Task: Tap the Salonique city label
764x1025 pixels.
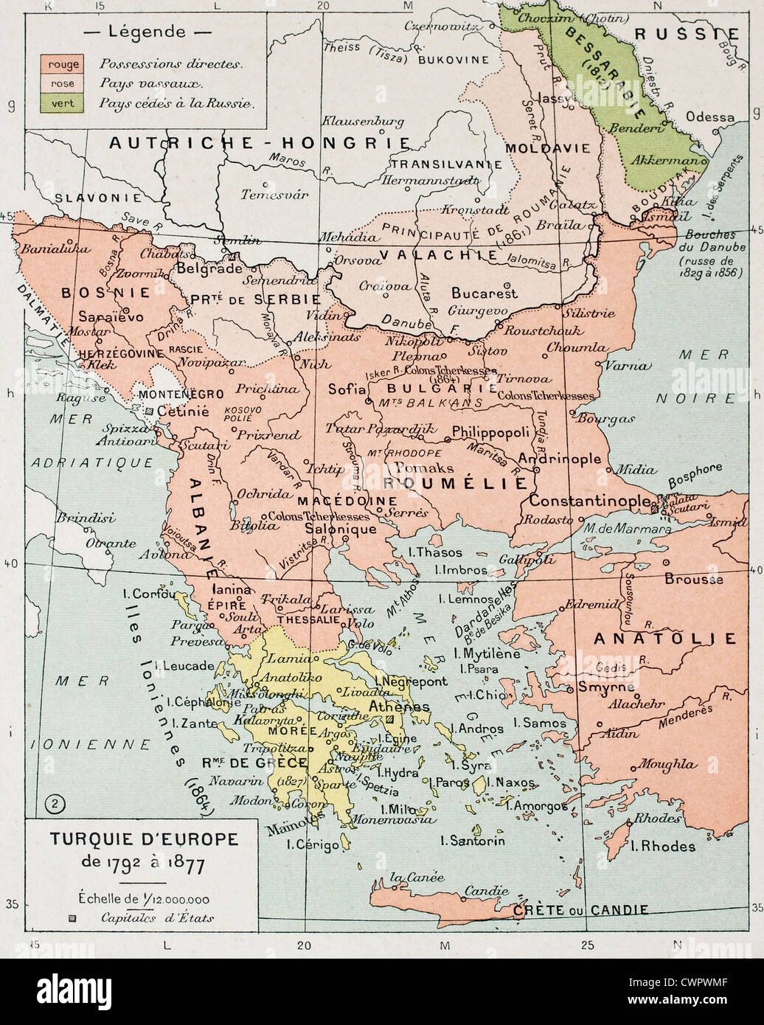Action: [x=341, y=529]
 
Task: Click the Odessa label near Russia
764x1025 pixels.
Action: [x=709, y=117]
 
